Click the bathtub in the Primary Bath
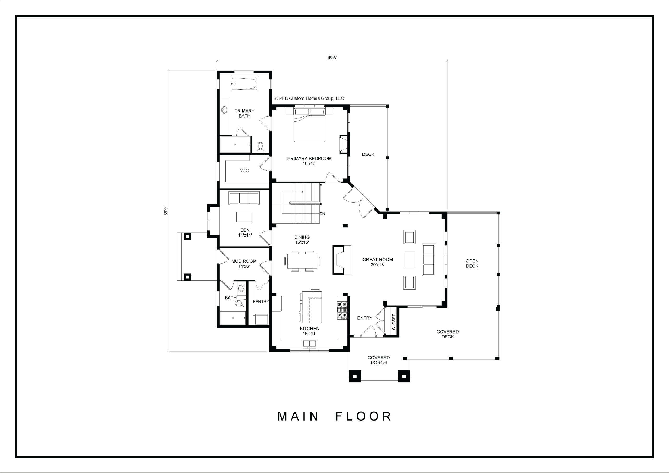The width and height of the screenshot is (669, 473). (x=244, y=84)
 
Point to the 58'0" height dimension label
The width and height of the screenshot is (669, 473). (x=166, y=211)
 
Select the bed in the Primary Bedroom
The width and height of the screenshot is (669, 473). (x=309, y=124)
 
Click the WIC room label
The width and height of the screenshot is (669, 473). (x=244, y=170)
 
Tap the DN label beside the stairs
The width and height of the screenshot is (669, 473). (x=322, y=214)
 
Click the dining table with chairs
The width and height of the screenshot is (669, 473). (x=302, y=261)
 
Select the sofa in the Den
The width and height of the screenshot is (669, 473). (x=244, y=198)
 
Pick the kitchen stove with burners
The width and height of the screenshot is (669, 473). (x=342, y=311)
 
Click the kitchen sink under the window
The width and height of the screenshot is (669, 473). (x=309, y=344)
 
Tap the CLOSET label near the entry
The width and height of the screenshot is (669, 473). (x=394, y=322)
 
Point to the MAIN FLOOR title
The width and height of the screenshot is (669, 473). (x=334, y=417)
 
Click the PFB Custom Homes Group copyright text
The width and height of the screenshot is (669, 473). (x=309, y=98)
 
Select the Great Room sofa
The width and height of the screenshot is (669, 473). (x=429, y=260)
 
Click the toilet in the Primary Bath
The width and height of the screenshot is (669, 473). (x=261, y=148)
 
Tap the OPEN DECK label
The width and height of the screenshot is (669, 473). (x=472, y=264)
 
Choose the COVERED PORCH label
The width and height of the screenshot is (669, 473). (x=379, y=360)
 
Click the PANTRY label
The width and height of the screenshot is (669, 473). (x=261, y=301)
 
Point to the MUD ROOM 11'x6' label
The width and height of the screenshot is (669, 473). (x=244, y=264)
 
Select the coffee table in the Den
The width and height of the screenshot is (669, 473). (x=244, y=217)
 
